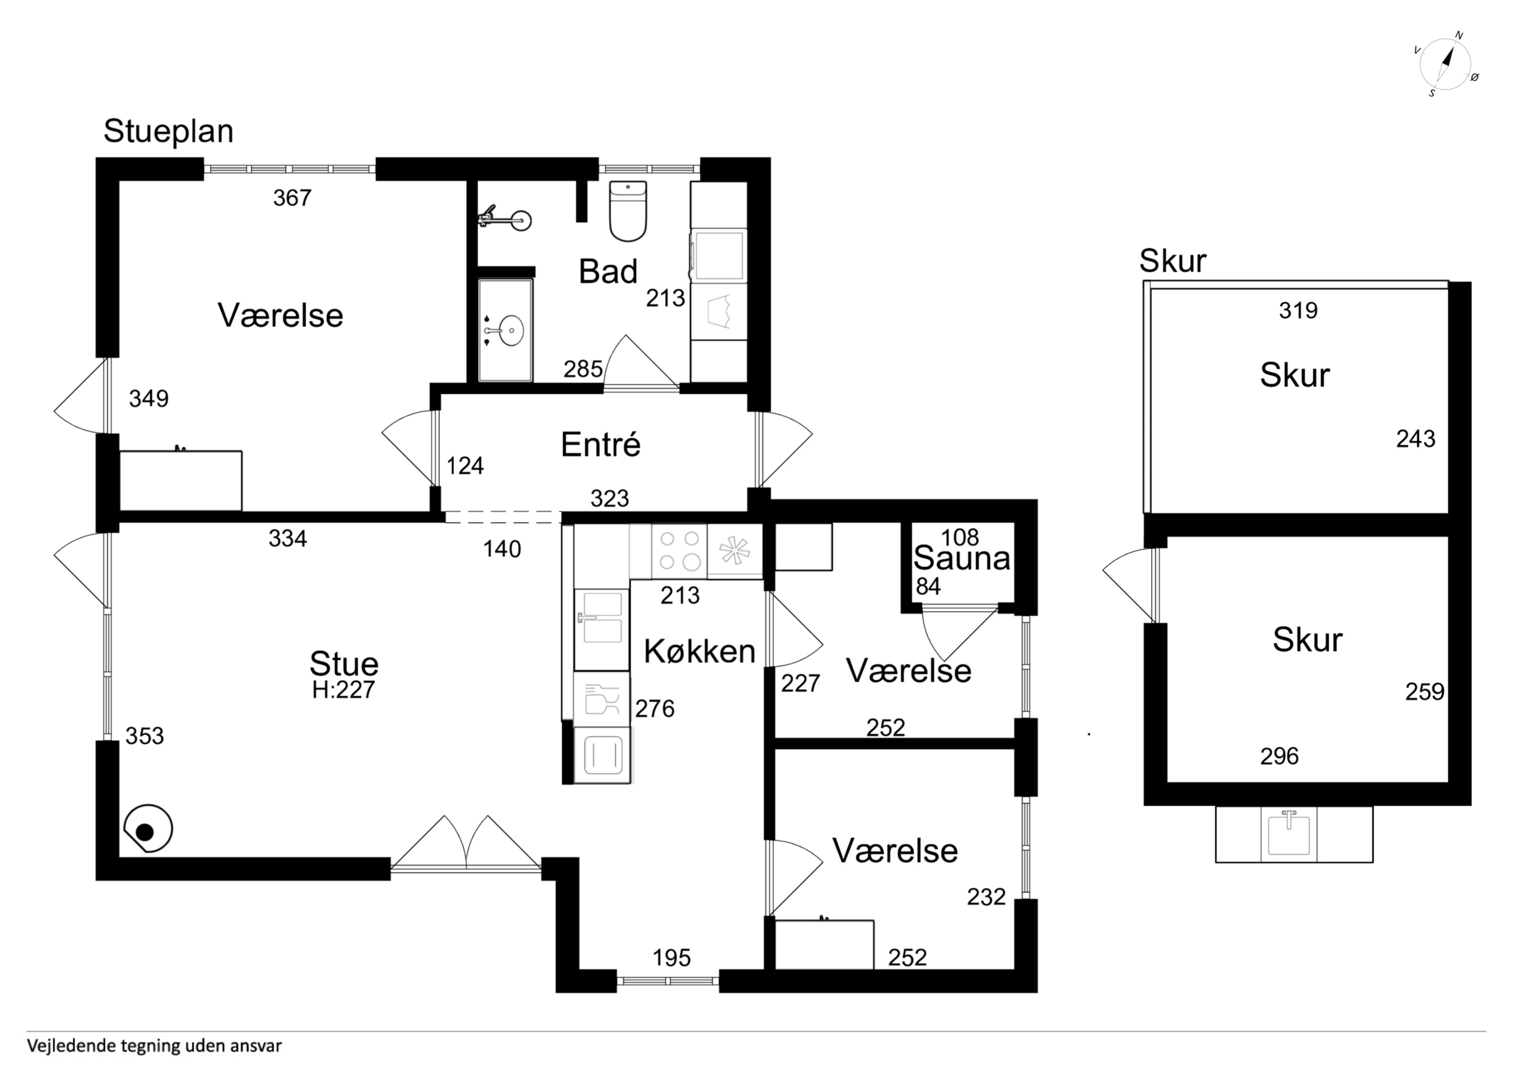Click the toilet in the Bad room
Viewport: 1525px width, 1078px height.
(x=627, y=211)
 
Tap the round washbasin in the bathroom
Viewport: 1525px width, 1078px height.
(x=510, y=330)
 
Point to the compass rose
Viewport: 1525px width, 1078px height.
(x=1445, y=65)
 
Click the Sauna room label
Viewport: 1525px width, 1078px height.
(x=961, y=558)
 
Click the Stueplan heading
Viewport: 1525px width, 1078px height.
(x=168, y=132)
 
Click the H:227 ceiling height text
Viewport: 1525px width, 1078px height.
(x=343, y=690)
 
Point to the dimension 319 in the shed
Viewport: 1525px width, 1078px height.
(x=1298, y=310)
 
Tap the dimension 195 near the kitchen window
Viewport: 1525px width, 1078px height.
(x=671, y=957)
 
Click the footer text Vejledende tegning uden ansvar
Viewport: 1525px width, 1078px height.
(x=154, y=1046)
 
